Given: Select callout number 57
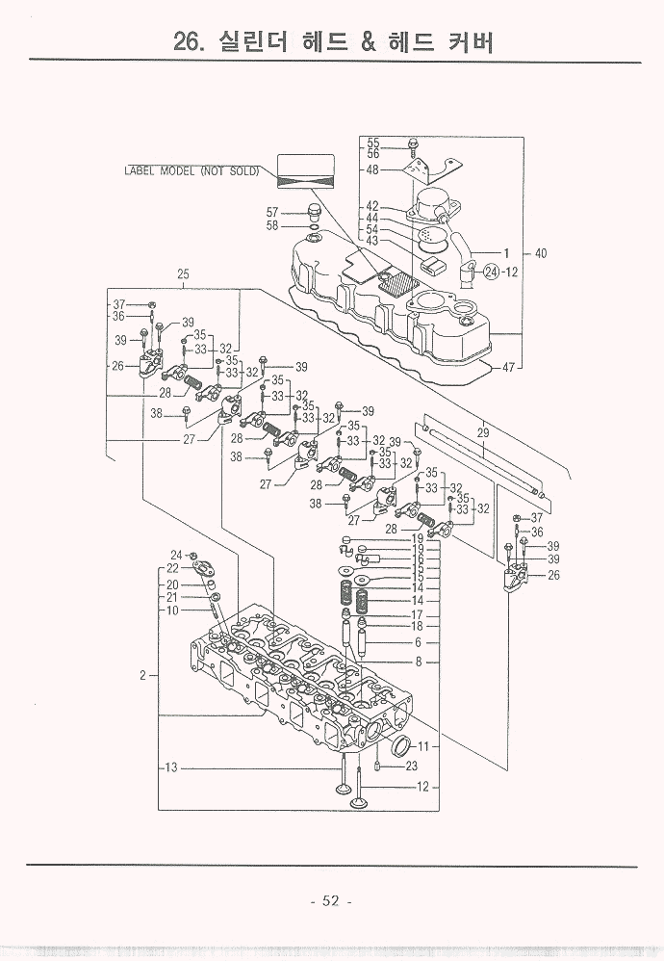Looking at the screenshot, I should click(x=272, y=212).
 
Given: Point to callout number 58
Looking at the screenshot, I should click(x=272, y=226).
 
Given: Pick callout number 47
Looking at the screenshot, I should click(x=512, y=367).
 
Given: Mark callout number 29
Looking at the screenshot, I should click(x=483, y=433).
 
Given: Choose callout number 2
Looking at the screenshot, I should click(x=142, y=675).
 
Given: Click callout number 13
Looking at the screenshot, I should click(x=171, y=767).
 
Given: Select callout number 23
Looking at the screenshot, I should click(x=411, y=766).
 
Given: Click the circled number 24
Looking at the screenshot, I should click(x=492, y=272).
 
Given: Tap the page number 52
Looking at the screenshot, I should click(x=331, y=901).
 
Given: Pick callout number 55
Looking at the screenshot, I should click(x=373, y=143).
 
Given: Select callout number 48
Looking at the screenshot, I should click(x=372, y=170).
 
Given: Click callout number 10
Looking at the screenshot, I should click(x=172, y=610).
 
